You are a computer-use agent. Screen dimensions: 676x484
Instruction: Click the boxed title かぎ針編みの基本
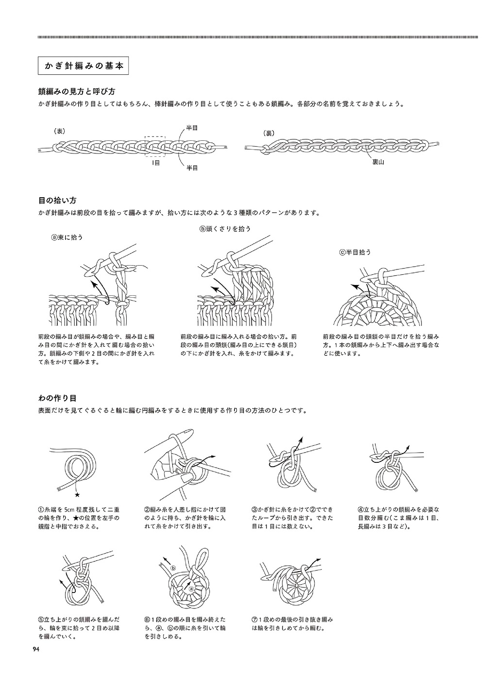[x=83, y=67]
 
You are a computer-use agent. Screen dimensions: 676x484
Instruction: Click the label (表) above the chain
[x=59, y=131]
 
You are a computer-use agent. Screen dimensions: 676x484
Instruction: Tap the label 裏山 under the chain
[x=378, y=162]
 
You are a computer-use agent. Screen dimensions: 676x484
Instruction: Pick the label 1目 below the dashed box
[x=156, y=163]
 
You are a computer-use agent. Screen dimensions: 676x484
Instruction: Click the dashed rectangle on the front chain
[x=156, y=146]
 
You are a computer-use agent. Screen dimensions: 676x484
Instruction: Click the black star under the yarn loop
[x=77, y=495]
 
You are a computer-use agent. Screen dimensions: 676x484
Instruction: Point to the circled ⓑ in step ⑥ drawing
[x=173, y=568]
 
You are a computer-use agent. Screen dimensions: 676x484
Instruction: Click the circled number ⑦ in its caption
[x=255, y=620]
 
